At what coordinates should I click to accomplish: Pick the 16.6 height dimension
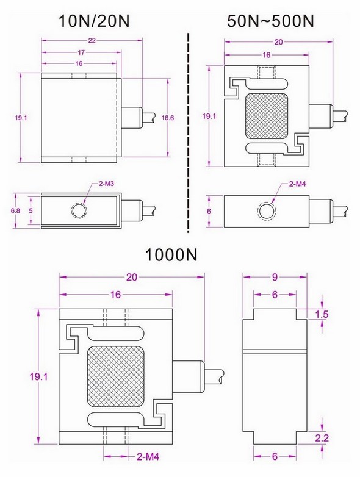(168, 117)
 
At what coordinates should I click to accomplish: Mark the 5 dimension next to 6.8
(31, 210)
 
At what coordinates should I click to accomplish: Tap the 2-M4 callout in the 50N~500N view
(298, 184)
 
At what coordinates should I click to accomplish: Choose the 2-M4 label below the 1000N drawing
(145, 455)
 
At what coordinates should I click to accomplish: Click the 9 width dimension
(275, 278)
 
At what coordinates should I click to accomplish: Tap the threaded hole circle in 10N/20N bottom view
(79, 211)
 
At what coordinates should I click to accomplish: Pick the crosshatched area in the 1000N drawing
(116, 378)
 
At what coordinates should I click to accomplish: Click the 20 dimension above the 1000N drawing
(131, 276)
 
